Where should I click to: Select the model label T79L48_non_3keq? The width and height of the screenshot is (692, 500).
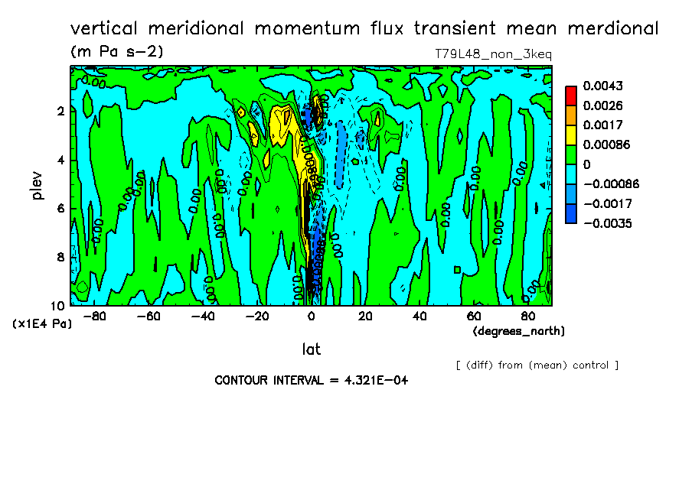pos(493,54)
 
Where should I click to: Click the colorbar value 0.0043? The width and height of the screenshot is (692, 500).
pos(602,86)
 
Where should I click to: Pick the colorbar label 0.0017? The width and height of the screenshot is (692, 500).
pos(602,125)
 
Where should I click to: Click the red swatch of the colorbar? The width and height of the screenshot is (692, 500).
pos(570,96)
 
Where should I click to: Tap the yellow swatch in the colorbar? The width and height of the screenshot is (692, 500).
pos(570,135)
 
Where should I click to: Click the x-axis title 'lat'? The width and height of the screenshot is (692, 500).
pos(311,349)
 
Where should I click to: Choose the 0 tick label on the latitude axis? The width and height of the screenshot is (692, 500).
pos(311,315)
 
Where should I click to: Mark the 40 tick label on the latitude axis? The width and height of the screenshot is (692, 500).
pos(419,315)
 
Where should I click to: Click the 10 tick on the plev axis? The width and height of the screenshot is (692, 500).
pos(60,305)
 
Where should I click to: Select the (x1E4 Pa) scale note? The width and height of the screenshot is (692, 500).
pos(42,323)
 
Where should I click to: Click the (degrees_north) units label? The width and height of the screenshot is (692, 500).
pos(518,330)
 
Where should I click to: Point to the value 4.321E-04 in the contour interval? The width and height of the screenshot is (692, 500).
pos(374,380)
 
